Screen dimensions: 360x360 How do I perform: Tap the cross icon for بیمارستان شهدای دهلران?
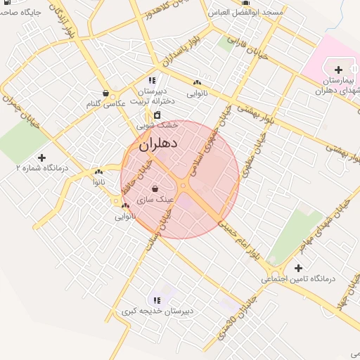[x=339, y=70]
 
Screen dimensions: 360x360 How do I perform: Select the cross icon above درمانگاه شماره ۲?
[x=41, y=157]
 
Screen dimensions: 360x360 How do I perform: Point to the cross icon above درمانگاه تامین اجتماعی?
[x=299, y=268]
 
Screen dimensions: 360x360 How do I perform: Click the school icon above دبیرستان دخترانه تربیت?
[x=153, y=79]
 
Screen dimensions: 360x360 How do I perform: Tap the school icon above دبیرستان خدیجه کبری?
[x=156, y=300]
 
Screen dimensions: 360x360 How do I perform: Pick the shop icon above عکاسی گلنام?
[x=105, y=93]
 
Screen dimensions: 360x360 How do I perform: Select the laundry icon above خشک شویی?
[x=157, y=114]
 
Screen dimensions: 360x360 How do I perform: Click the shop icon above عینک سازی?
[x=155, y=188]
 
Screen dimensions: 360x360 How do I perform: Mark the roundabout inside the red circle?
[x=183, y=186]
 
